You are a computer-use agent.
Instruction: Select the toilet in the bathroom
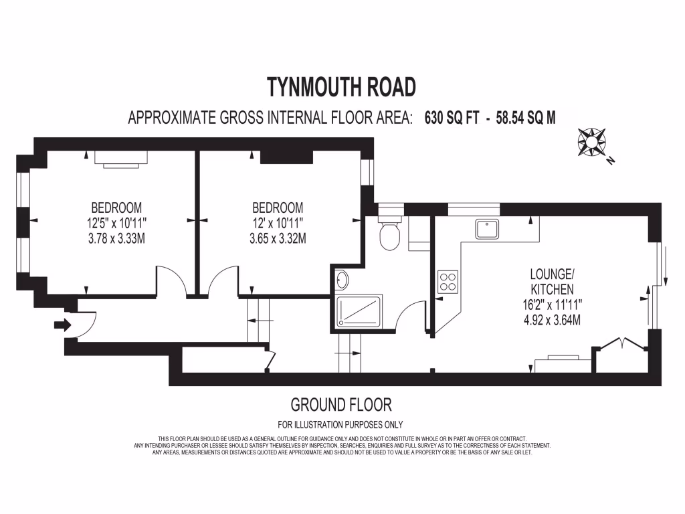(x=389, y=234)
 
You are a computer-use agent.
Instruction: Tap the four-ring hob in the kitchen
(x=448, y=281)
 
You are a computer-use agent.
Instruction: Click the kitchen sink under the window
(x=487, y=229)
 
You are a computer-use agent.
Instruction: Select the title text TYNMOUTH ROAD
(x=342, y=87)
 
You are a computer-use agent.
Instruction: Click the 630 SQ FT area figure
(x=453, y=118)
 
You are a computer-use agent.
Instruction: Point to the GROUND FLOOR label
(x=341, y=404)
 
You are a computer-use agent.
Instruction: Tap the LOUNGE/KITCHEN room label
(x=552, y=281)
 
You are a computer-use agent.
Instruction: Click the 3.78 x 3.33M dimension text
(x=117, y=238)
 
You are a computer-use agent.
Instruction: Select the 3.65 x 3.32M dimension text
(x=278, y=238)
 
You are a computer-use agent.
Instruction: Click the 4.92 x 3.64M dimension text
(x=552, y=319)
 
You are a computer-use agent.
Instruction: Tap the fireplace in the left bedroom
(x=120, y=158)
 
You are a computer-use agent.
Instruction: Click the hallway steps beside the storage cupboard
(x=261, y=320)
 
